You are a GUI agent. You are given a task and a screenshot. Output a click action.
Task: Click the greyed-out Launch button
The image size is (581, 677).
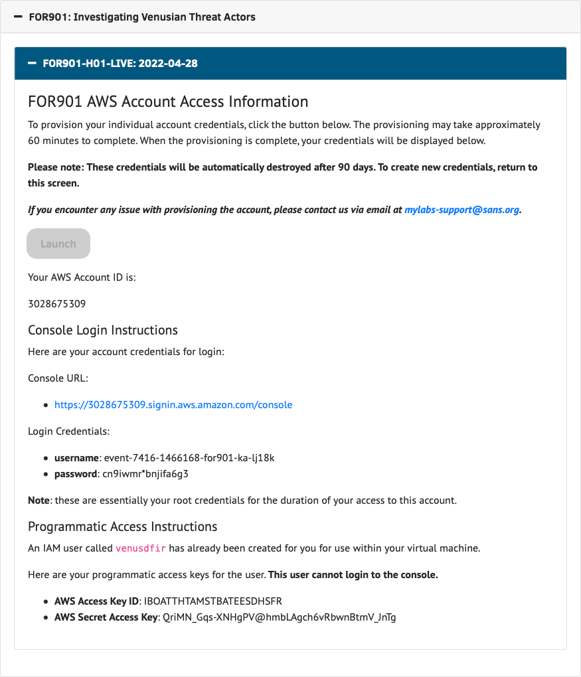(x=58, y=244)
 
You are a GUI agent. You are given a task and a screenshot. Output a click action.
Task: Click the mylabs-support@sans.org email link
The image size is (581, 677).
(x=462, y=210)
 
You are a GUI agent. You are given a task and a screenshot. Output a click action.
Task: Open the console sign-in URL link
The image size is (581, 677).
(x=173, y=404)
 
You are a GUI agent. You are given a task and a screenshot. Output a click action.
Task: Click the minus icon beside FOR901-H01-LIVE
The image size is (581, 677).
(x=32, y=64)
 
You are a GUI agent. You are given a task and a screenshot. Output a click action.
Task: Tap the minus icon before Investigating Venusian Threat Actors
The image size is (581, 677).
(x=18, y=17)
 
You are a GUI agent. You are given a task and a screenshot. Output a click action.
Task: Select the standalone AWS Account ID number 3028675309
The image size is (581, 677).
(x=57, y=304)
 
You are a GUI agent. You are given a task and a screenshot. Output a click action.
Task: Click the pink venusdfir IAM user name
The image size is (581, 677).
(x=141, y=548)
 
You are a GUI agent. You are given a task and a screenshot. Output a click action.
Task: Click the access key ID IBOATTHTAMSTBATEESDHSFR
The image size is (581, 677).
(x=213, y=601)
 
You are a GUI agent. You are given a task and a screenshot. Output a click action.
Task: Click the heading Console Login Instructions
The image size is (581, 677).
(x=103, y=330)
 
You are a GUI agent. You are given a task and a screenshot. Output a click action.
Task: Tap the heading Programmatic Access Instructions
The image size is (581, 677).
(x=123, y=526)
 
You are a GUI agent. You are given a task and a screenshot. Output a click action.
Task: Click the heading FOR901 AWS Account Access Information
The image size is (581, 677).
(x=168, y=102)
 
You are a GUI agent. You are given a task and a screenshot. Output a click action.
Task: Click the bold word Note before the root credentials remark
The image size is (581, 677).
(x=39, y=500)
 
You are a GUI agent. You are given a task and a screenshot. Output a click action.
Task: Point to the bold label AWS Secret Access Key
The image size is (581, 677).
(x=105, y=617)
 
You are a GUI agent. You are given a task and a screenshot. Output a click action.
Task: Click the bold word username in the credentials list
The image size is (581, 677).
(x=76, y=458)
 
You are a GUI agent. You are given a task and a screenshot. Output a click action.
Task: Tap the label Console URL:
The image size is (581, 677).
(x=58, y=378)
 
